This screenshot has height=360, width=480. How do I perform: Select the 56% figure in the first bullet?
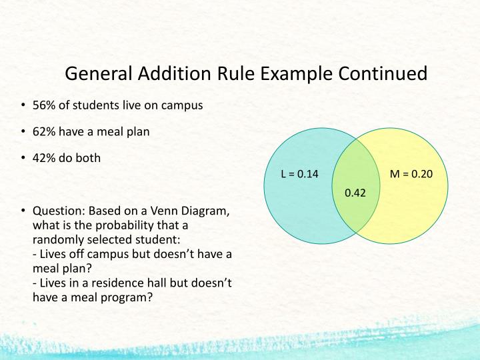(x=44, y=105)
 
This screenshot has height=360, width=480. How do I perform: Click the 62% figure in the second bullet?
(x=44, y=132)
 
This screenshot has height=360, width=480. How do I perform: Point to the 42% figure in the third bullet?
(x=44, y=159)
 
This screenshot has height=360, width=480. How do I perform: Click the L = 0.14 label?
(x=300, y=175)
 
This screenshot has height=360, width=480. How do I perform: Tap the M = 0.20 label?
(x=411, y=175)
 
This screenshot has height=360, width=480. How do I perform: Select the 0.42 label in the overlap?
(x=355, y=193)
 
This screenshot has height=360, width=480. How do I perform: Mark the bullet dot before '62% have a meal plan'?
(x=23, y=132)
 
